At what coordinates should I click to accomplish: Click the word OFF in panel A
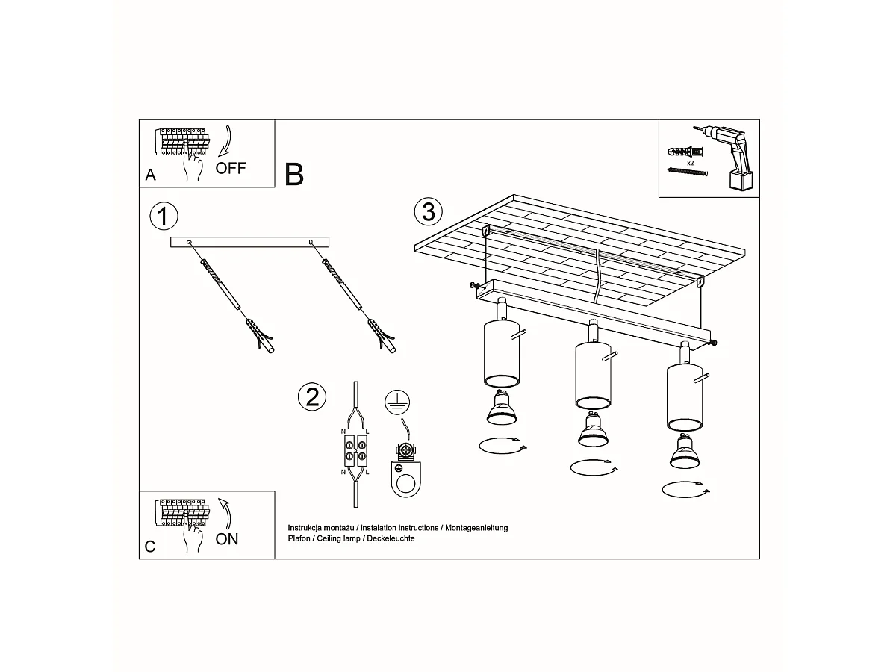[230, 167]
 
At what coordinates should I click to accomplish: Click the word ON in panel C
[227, 538]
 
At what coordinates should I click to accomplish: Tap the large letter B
[294, 174]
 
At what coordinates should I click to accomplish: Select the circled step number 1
[164, 216]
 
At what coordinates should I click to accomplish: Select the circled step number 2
[312, 396]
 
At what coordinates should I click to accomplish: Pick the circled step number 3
[428, 211]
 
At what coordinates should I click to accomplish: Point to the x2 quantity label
[690, 162]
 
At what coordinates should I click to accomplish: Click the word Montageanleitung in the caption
[476, 528]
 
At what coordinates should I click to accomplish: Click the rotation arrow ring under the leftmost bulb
[500, 446]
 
